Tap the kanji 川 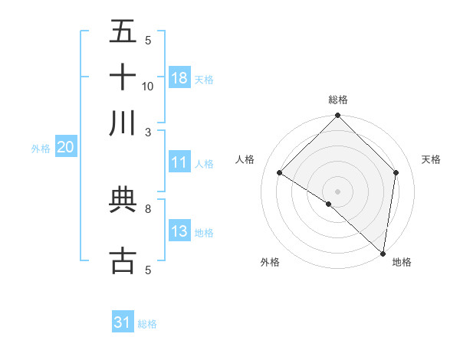[123, 123]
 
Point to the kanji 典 [123, 200]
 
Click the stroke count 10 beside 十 [148, 86]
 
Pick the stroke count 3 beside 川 [148, 132]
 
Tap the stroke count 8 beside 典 [148, 208]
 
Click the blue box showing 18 [179, 78]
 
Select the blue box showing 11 [179, 162]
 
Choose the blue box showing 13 [179, 231]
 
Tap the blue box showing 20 [65, 148]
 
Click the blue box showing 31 [123, 322]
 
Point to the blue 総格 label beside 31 [147, 324]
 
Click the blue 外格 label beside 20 [41, 149]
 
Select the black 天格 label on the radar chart [431, 159]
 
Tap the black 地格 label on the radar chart [402, 262]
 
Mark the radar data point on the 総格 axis [337, 116]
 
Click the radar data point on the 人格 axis [280, 172]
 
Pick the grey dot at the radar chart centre [337, 191]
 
